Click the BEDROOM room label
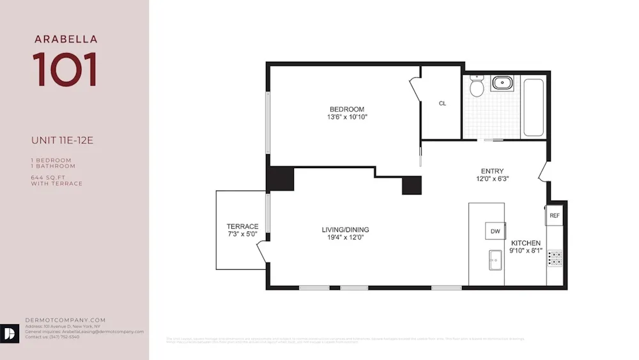[347, 109]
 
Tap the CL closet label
[442, 103]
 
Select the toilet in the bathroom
[476, 86]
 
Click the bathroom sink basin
[502, 82]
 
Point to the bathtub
[533, 107]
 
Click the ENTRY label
[492, 171]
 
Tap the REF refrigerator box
[555, 216]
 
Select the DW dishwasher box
[495, 231]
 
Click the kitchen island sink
[494, 260]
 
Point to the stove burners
[556, 258]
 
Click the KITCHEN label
[525, 243]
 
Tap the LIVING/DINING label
[345, 230]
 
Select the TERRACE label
[242, 226]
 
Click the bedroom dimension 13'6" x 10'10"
[347, 117]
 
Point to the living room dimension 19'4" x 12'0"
[345, 238]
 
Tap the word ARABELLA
[66, 40]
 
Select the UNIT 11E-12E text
[62, 141]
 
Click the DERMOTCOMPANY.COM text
[65, 320]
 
